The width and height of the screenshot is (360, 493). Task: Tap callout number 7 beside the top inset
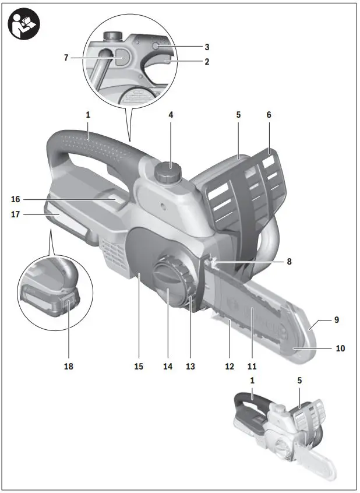[x=66, y=58]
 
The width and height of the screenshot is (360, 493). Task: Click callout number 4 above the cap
[x=171, y=115]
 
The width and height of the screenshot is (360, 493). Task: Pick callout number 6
[x=269, y=115]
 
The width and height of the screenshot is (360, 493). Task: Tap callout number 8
[x=289, y=262]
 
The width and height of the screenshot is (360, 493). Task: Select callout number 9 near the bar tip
[x=336, y=320]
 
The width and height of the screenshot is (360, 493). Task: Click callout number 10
[x=340, y=348]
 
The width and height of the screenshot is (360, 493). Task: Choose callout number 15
[x=139, y=367]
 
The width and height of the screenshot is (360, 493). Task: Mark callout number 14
[x=168, y=367]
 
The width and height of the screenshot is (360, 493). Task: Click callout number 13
[x=190, y=367]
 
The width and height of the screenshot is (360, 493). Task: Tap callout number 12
[x=230, y=367]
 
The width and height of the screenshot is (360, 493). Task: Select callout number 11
[x=252, y=367]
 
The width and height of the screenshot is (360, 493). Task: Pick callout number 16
[x=16, y=199]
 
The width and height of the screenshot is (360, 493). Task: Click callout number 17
[x=16, y=214]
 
